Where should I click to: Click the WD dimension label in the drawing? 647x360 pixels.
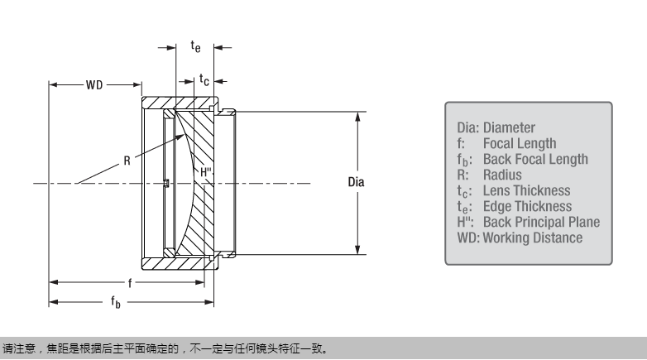(94, 84)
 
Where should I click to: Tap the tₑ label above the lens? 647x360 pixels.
(195, 47)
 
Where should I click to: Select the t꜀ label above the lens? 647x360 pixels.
(204, 79)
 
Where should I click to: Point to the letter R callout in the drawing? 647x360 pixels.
(127, 161)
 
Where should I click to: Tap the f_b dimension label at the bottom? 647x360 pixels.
(116, 303)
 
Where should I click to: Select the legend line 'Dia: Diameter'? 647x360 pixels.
(496, 128)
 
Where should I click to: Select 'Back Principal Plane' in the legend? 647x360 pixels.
(541, 223)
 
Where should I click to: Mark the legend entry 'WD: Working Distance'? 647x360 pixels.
(520, 238)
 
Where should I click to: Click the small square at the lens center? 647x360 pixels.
(166, 183)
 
